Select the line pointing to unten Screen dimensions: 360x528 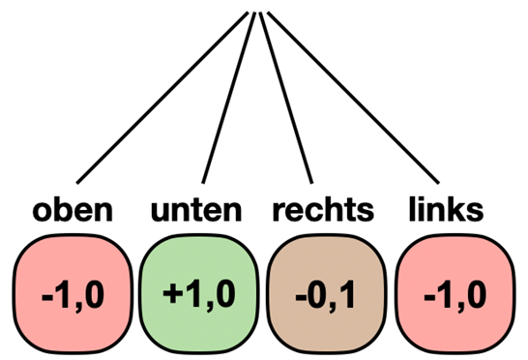(231, 97)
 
